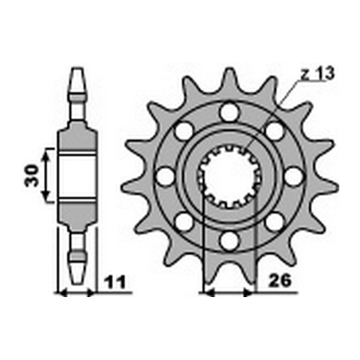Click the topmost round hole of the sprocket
229,113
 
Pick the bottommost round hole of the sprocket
229,238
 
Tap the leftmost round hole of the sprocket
166,176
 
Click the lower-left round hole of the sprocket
185,220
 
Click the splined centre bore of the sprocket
229,176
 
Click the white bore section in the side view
77,174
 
